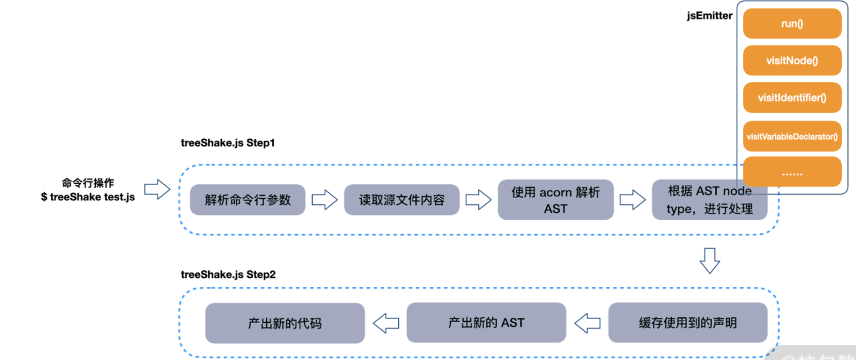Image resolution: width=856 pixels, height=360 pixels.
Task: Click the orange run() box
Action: pyautogui.click(x=792, y=23)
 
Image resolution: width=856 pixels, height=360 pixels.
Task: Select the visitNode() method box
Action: pyautogui.click(x=792, y=60)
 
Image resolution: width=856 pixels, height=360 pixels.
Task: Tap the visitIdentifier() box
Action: pyautogui.click(x=792, y=98)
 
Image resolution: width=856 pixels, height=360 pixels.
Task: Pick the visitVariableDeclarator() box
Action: pyautogui.click(x=792, y=136)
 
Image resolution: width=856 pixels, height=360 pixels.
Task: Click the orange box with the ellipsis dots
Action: pyautogui.click(x=792, y=172)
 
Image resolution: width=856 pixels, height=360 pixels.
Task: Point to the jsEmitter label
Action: pyautogui.click(x=709, y=16)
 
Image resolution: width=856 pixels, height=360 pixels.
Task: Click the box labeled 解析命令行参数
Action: pyautogui.click(x=248, y=200)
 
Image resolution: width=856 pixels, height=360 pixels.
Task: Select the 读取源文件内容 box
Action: pyautogui.click(x=402, y=200)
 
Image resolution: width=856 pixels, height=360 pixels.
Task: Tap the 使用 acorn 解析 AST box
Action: pyautogui.click(x=555, y=200)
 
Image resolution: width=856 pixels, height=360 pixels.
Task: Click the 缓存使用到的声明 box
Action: pyautogui.click(x=688, y=323)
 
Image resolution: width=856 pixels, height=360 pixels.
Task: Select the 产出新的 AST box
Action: pyautogui.click(x=486, y=323)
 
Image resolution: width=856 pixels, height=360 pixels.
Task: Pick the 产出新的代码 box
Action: pyautogui.click(x=285, y=323)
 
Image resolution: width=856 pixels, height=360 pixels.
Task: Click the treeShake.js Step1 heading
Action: pyautogui.click(x=228, y=143)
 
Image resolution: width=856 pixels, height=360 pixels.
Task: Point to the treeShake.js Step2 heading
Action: pyautogui.click(x=228, y=274)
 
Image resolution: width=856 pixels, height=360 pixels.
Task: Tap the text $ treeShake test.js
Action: pyautogui.click(x=88, y=197)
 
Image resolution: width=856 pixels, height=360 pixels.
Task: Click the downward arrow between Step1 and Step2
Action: pyautogui.click(x=709, y=260)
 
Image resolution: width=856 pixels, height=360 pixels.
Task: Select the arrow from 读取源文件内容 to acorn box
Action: pyautogui.click(x=478, y=200)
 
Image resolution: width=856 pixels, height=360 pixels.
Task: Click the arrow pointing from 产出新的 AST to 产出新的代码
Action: pyautogui.click(x=386, y=323)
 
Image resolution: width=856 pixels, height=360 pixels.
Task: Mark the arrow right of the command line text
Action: pyautogui.click(x=157, y=189)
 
